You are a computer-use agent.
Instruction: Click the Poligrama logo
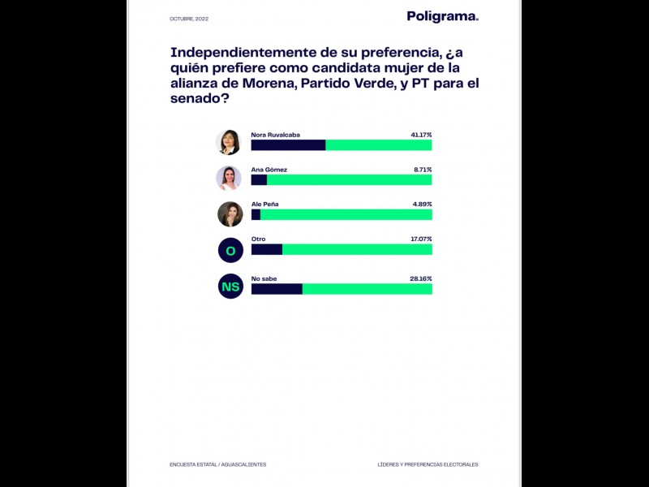(442, 16)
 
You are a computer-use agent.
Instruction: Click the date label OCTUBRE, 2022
(189, 19)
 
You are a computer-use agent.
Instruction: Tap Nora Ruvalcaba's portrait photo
(230, 142)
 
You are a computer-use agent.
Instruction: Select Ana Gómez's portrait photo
(230, 178)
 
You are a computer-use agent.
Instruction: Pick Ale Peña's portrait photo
(230, 213)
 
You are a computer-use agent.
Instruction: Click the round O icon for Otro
(230, 250)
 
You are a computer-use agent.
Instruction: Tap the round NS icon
(230, 286)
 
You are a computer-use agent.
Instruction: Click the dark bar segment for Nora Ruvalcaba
(288, 145)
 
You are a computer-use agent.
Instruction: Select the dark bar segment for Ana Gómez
(259, 180)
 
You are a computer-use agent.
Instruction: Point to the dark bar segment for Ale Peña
(256, 214)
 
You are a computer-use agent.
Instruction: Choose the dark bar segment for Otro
(266, 250)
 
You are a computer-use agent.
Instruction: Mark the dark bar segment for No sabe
(277, 289)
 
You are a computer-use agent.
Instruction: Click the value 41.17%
(421, 135)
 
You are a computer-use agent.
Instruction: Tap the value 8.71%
(423, 170)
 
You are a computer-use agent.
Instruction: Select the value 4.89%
(423, 204)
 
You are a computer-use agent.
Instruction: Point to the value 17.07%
(421, 239)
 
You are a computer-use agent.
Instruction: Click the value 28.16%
(421, 278)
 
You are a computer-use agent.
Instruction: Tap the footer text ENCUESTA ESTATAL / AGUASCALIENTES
(217, 464)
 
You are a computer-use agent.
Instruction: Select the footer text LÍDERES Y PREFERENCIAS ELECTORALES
(428, 464)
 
